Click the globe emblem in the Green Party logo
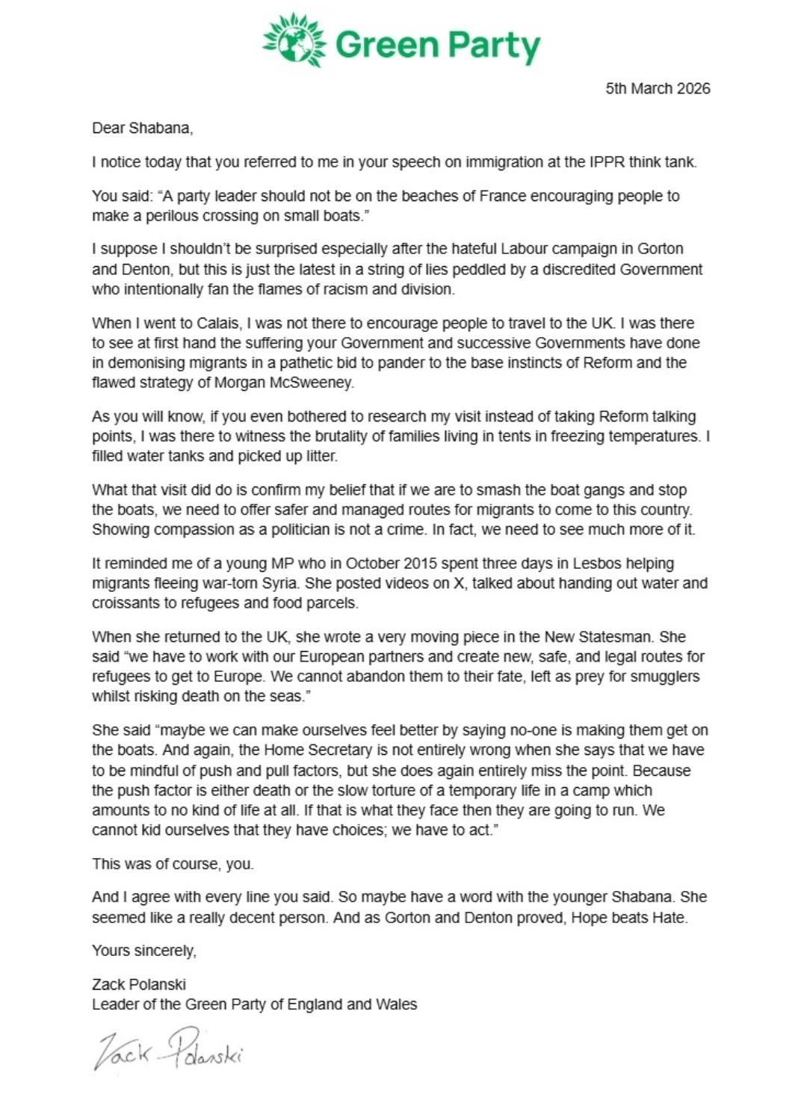[x=294, y=41]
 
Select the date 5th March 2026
[x=658, y=88]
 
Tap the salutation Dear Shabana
[x=142, y=128]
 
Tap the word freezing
[x=581, y=436]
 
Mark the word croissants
[x=126, y=602]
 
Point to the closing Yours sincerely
[x=143, y=951]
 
